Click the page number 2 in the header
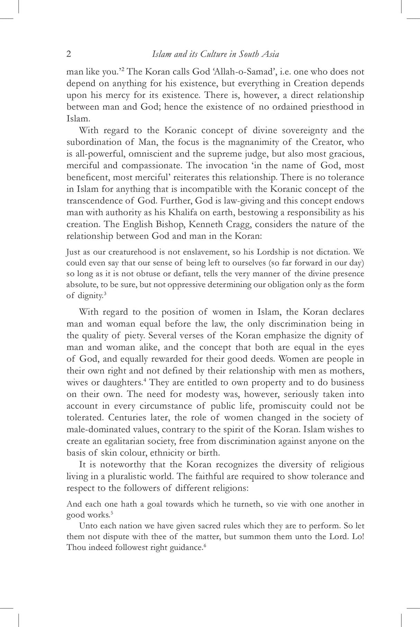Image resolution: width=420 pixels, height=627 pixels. coord(69,54)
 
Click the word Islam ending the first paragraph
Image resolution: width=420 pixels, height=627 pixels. coord(78,118)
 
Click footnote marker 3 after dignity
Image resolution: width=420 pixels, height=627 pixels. coord(105,294)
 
